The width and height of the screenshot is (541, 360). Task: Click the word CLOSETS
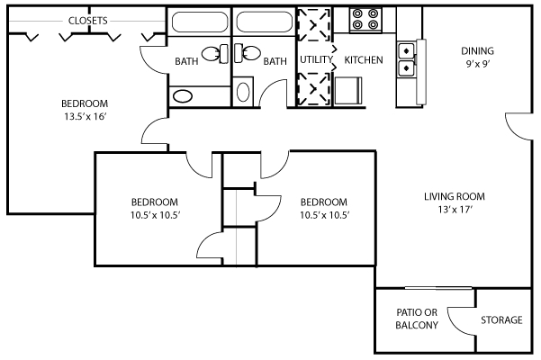click(x=87, y=21)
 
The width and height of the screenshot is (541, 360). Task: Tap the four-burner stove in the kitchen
click(x=365, y=20)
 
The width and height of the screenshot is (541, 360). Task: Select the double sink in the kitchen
click(x=406, y=59)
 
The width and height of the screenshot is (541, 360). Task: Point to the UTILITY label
click(x=316, y=59)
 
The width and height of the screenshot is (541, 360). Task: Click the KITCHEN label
click(x=364, y=60)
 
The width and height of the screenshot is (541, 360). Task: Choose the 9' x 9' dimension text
click(x=478, y=64)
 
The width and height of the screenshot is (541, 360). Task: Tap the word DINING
click(x=477, y=51)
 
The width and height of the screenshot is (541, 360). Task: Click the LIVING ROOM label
click(x=455, y=196)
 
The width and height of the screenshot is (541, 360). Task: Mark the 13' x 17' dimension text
click(x=455, y=210)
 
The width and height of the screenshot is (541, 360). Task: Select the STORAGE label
click(x=501, y=320)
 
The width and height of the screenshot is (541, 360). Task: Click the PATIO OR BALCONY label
click(x=417, y=319)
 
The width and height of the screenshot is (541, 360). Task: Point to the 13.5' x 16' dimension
click(x=85, y=117)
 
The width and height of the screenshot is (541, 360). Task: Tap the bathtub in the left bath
click(x=200, y=22)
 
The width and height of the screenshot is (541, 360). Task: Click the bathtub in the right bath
click(x=265, y=22)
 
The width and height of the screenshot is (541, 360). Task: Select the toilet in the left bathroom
click(x=215, y=54)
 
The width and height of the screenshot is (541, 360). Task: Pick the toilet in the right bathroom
click(x=248, y=53)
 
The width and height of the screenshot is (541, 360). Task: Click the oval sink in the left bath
click(x=183, y=96)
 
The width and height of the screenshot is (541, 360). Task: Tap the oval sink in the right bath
click(x=243, y=92)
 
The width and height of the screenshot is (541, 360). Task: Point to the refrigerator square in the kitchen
click(x=347, y=90)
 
